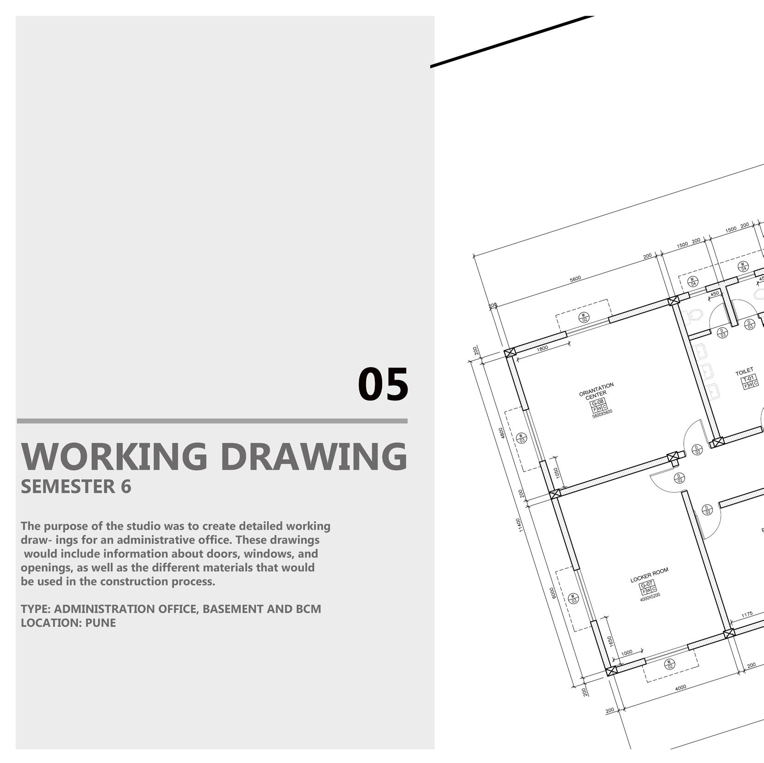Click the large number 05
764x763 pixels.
pos(383,384)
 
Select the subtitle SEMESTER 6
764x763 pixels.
pos(76,487)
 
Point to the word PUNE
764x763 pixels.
pos(101,623)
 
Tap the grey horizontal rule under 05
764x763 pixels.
pos(212,421)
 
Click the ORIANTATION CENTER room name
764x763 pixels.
pos(596,389)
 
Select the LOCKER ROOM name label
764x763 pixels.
pos(650,575)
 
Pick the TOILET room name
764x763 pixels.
pos(744,371)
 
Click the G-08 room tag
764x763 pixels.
pos(597,402)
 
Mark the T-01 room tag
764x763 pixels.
pos(748,378)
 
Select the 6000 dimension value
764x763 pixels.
pos(553,593)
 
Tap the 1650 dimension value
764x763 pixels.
pos(610,641)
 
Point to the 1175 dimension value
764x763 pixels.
pos(747,614)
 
